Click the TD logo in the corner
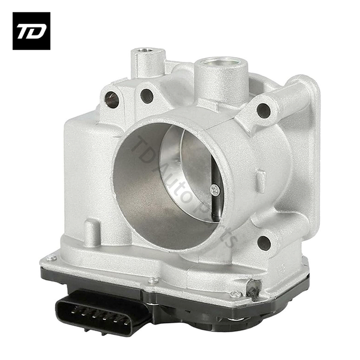tap(31, 31)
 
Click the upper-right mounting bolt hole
tap(263, 110)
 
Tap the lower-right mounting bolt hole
tap(263, 242)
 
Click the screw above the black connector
tap(153, 280)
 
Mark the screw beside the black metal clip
tap(236, 294)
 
